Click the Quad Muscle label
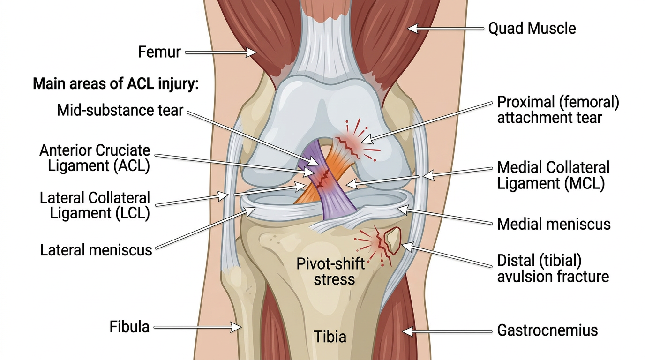[532, 29]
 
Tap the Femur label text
[159, 52]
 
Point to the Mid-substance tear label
[120, 111]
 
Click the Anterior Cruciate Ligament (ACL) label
[95, 158]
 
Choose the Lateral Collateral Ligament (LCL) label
[95, 205]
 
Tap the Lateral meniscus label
[96, 250]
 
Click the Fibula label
[129, 326]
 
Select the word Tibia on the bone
[330, 337]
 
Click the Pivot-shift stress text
[330, 271]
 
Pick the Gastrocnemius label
[547, 330]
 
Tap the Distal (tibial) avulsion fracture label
[553, 268]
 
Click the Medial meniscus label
[554, 224]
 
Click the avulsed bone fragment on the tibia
[392, 238]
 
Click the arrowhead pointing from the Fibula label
[236, 327]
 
